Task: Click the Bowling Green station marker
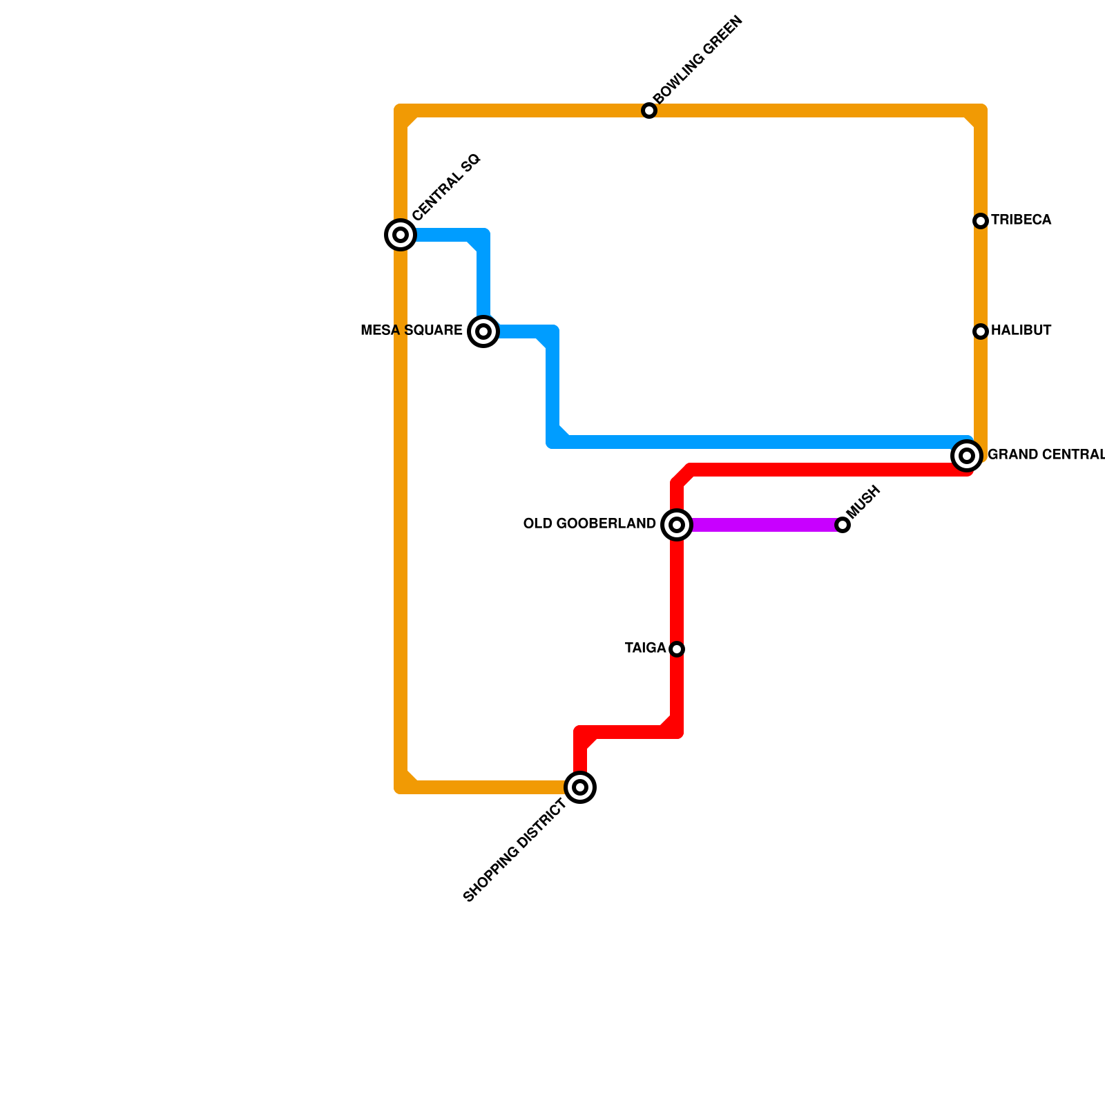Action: tap(648, 110)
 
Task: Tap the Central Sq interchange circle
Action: tap(401, 235)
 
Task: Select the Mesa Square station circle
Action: tap(483, 331)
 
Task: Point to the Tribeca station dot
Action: tap(981, 221)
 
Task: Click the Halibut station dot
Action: tap(981, 331)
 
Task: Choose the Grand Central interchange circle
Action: tap(967, 456)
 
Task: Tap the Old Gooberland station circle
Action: tap(677, 525)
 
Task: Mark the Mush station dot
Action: tap(843, 525)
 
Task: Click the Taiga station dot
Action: tap(677, 649)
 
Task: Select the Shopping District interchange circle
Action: tap(580, 787)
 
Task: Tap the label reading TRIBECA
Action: tap(1021, 220)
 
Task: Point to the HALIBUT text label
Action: tap(1021, 331)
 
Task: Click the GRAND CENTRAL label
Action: tap(1046, 455)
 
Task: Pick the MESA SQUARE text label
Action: tap(412, 331)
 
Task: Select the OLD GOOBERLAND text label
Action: tap(589, 524)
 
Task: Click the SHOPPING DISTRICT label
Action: tap(515, 850)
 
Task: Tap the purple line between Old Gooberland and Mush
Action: tap(760, 525)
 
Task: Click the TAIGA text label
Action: tap(645, 648)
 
